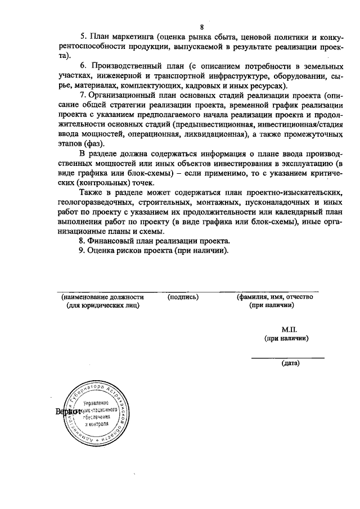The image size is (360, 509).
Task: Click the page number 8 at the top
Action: [201, 27]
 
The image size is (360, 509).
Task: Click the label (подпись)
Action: [183, 296]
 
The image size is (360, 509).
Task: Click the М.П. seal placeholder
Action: [289, 329]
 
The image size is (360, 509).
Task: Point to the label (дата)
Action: [290, 363]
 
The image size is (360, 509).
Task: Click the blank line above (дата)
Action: [287, 357]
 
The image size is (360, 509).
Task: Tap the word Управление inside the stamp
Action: [96, 404]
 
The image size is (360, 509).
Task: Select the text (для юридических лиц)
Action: [103, 305]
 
